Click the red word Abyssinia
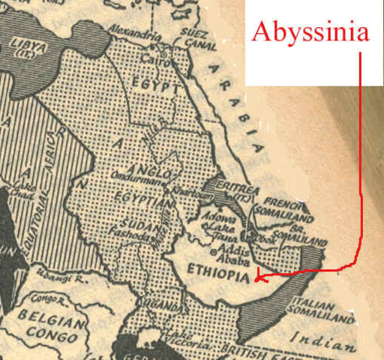[311, 33]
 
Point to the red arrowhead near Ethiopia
[258, 279]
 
